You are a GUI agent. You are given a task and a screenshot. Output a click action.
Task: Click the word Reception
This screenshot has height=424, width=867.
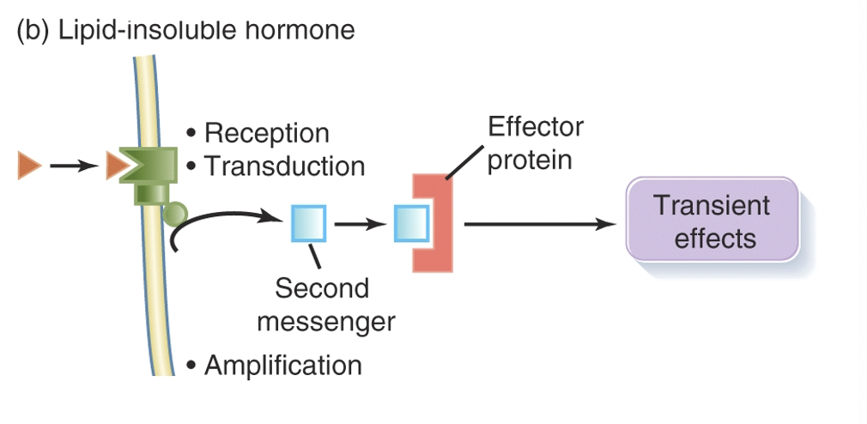[266, 134]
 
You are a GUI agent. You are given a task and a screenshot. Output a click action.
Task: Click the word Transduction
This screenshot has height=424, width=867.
[284, 166]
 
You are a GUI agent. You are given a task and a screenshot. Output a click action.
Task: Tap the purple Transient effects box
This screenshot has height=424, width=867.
[712, 221]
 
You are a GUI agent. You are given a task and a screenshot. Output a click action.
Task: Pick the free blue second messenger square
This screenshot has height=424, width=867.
[307, 225]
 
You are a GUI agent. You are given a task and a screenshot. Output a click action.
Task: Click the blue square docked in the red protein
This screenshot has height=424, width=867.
[409, 225]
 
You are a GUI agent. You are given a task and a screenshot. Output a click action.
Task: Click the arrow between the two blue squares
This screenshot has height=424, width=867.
[358, 225]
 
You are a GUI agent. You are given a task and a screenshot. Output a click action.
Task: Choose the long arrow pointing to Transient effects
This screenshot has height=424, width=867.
[541, 225]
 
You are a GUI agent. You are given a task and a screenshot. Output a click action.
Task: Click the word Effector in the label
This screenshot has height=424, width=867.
[536, 127]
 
